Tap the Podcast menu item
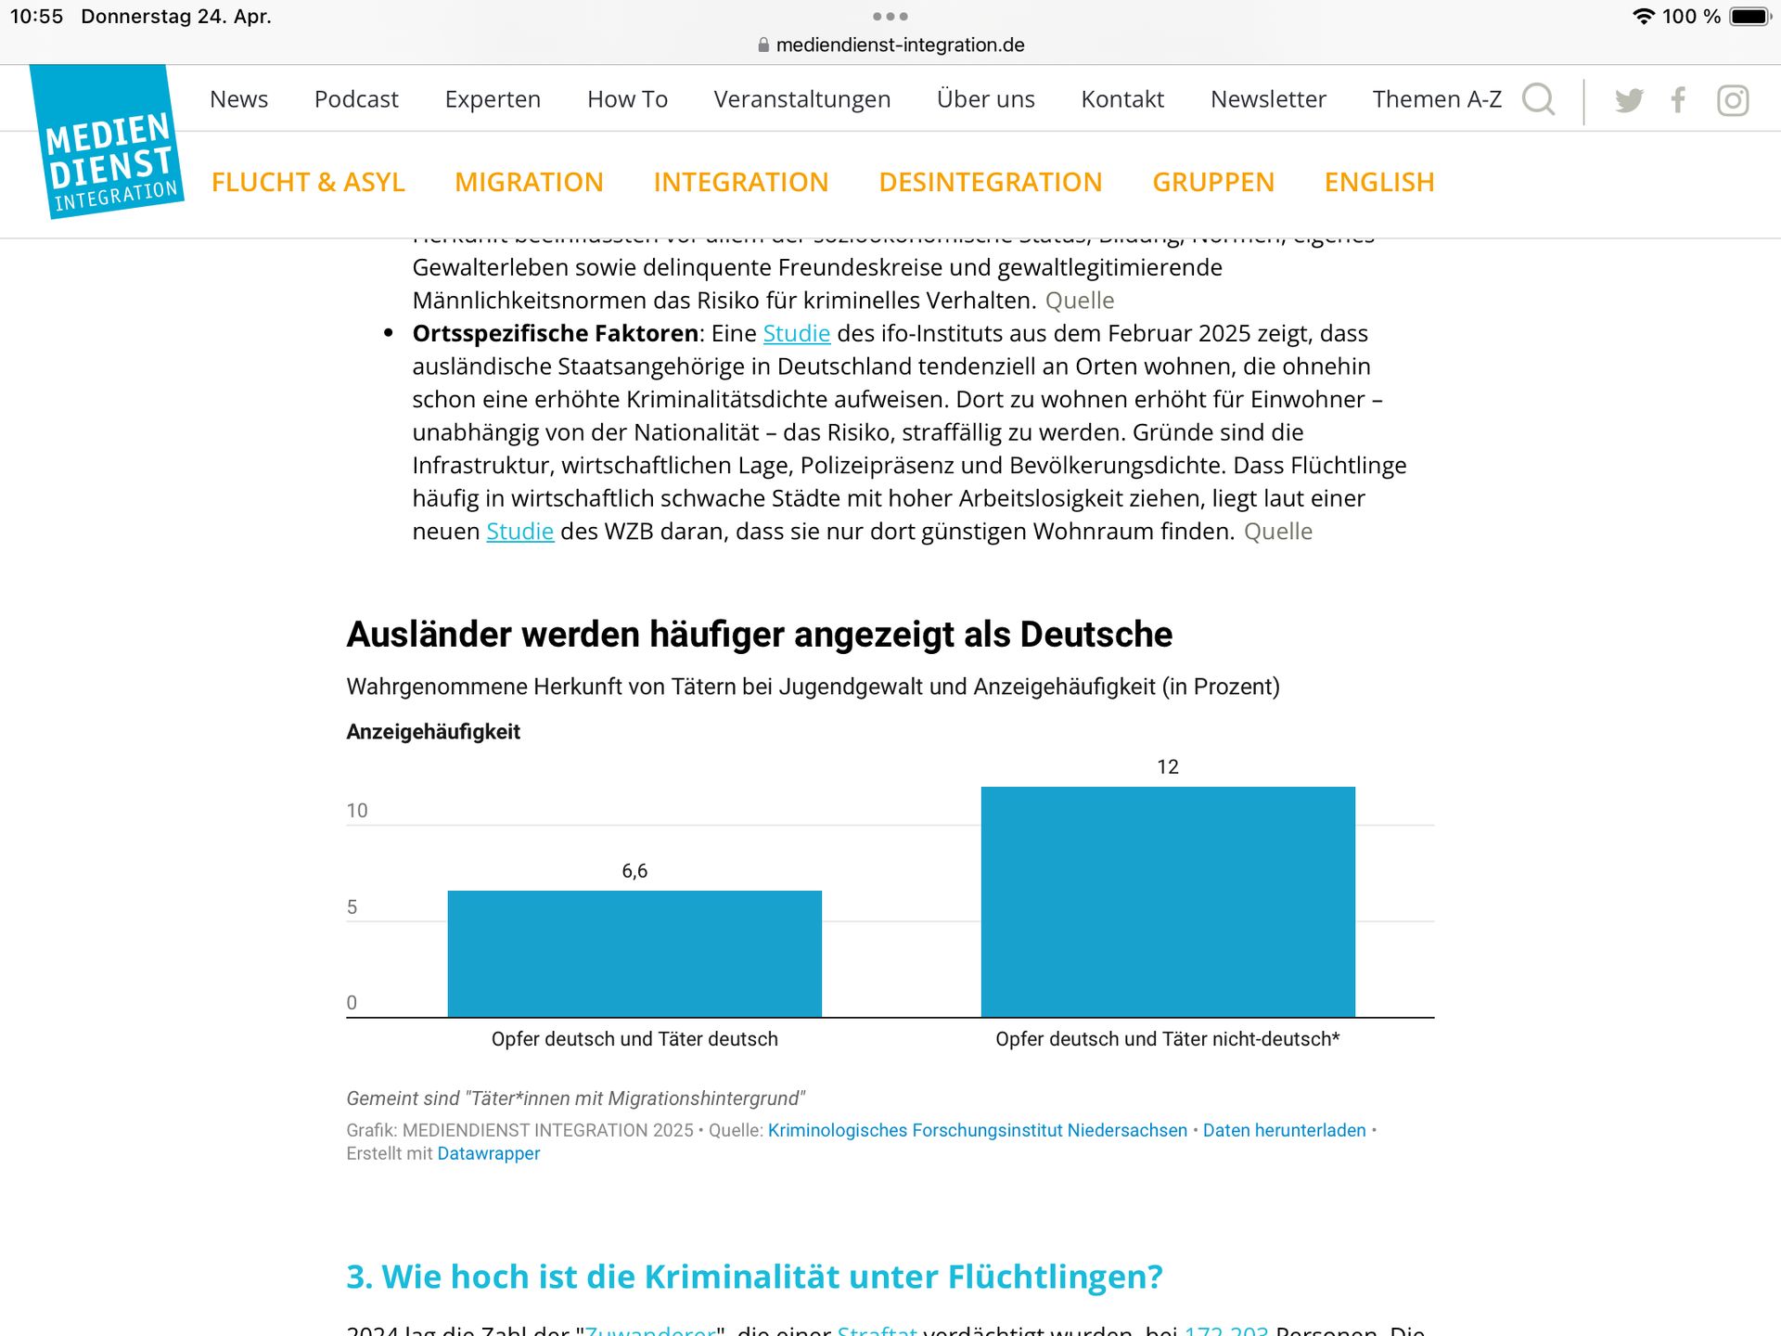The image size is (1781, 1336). pyautogui.click(x=356, y=99)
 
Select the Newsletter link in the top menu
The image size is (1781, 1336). pyautogui.click(x=1268, y=99)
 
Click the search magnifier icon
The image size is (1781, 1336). pyautogui.click(x=1538, y=99)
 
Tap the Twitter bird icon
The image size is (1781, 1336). pyautogui.click(x=1629, y=100)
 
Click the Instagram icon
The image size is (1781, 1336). pyautogui.click(x=1732, y=100)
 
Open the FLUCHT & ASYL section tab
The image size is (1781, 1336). pyautogui.click(x=308, y=182)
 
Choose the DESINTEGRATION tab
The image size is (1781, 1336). pyautogui.click(x=990, y=182)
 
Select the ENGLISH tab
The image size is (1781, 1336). pyautogui.click(x=1378, y=182)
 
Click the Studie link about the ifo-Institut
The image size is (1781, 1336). pyautogui.click(x=796, y=333)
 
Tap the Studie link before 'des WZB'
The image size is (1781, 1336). pyautogui.click(x=519, y=532)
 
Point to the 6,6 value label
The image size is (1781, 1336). pyautogui.click(x=634, y=871)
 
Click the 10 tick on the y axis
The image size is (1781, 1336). pyautogui.click(x=357, y=811)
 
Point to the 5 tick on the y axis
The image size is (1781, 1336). pyautogui.click(x=352, y=907)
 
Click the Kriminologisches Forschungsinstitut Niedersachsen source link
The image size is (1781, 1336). pyautogui.click(x=977, y=1130)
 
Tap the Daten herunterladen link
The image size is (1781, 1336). pyautogui.click(x=1284, y=1130)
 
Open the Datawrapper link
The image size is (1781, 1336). pyautogui.click(x=488, y=1153)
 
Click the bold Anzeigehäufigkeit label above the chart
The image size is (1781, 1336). pyautogui.click(x=433, y=732)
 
